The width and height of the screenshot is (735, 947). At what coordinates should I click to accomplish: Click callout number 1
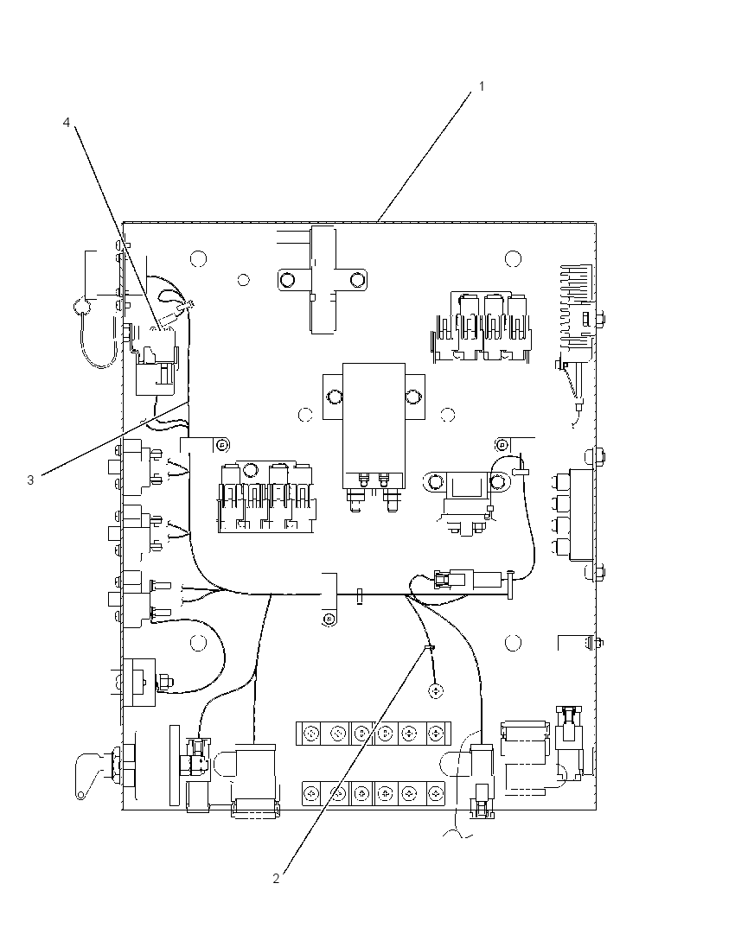pyautogui.click(x=482, y=86)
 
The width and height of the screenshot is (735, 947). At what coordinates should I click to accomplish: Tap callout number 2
pyautogui.click(x=276, y=879)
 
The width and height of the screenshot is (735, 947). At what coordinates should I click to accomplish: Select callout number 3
pyautogui.click(x=30, y=480)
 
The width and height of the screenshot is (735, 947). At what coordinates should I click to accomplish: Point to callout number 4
pyautogui.click(x=67, y=123)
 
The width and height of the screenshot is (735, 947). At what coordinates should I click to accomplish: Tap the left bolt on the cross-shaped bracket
pyautogui.click(x=287, y=280)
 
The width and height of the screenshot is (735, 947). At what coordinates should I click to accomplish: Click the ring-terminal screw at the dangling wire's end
pyautogui.click(x=436, y=690)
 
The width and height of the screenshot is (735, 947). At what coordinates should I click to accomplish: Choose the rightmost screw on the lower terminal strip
pyautogui.click(x=435, y=792)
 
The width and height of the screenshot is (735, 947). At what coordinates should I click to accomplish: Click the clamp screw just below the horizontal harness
pyautogui.click(x=329, y=619)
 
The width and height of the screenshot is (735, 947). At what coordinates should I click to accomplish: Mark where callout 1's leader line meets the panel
pyautogui.click(x=377, y=222)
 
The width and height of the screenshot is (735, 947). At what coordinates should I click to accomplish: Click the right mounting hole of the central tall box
pyautogui.click(x=412, y=397)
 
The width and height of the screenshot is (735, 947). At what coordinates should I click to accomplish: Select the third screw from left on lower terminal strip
pyautogui.click(x=361, y=792)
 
